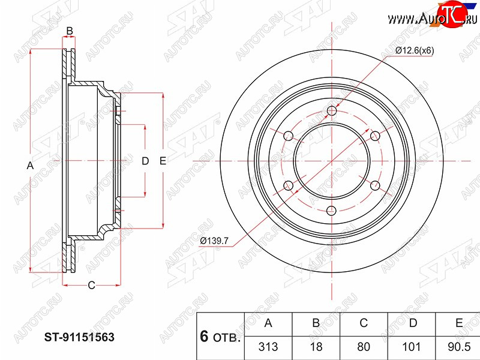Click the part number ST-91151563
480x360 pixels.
point(79,337)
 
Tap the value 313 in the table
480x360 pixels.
point(268,347)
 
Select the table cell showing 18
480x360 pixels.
point(316,347)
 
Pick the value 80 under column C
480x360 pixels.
point(364,347)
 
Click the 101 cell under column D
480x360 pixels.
point(412,347)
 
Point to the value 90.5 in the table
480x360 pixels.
point(459,347)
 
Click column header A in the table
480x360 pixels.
point(268,323)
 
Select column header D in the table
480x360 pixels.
point(413,323)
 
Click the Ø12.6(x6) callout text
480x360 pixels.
point(415,50)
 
